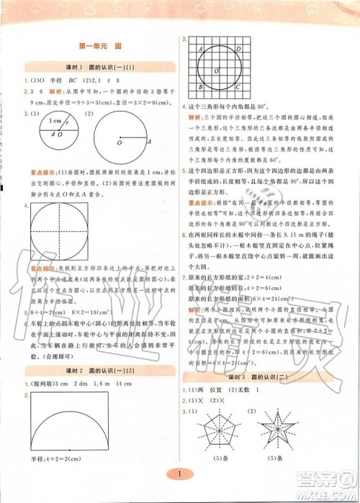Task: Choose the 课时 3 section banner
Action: [260, 376]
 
